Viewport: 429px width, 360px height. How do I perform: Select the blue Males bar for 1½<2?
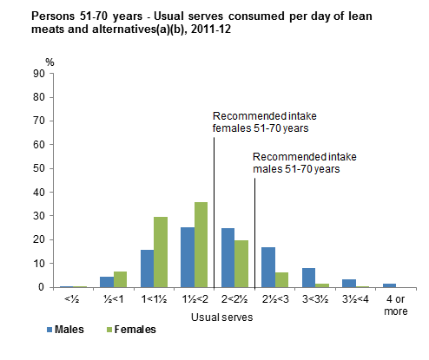point(188,257)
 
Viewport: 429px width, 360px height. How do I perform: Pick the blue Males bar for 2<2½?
point(228,258)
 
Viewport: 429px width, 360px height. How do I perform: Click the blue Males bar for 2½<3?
point(267,267)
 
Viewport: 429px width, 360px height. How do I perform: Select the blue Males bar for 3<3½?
point(307,278)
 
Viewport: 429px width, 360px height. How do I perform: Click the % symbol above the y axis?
point(49,62)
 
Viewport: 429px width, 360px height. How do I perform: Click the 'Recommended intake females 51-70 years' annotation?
point(261,122)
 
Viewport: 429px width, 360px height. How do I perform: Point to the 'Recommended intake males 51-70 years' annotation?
point(295,163)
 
